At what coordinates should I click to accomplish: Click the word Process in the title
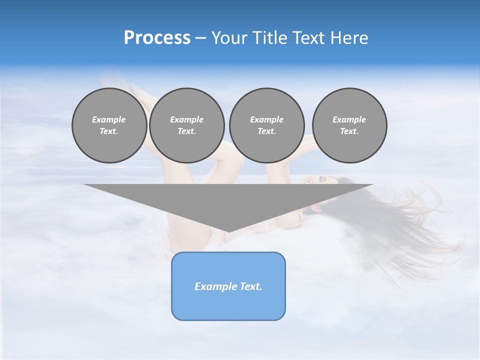[x=157, y=38]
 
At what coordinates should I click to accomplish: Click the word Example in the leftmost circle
[x=109, y=119]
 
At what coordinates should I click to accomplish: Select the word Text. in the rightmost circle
[x=349, y=131]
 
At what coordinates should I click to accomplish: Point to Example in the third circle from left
[x=266, y=119]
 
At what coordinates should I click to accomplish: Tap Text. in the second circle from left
[x=187, y=131]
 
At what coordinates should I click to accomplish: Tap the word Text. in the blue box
[x=250, y=286]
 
